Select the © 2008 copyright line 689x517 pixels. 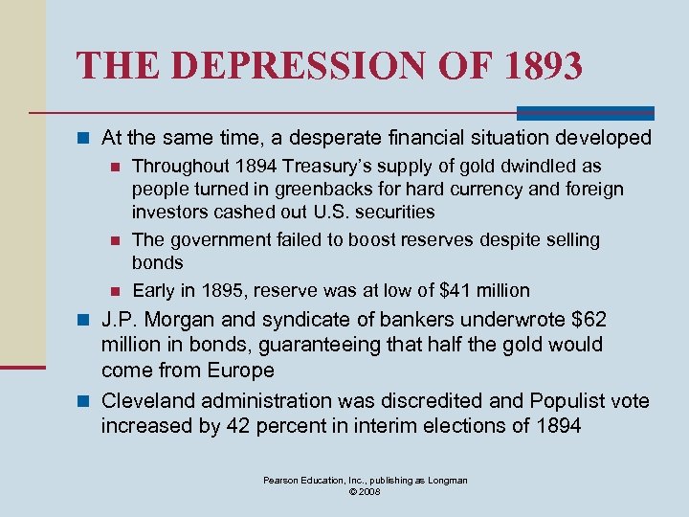click(x=366, y=492)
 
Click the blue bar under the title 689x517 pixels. click(x=585, y=112)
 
